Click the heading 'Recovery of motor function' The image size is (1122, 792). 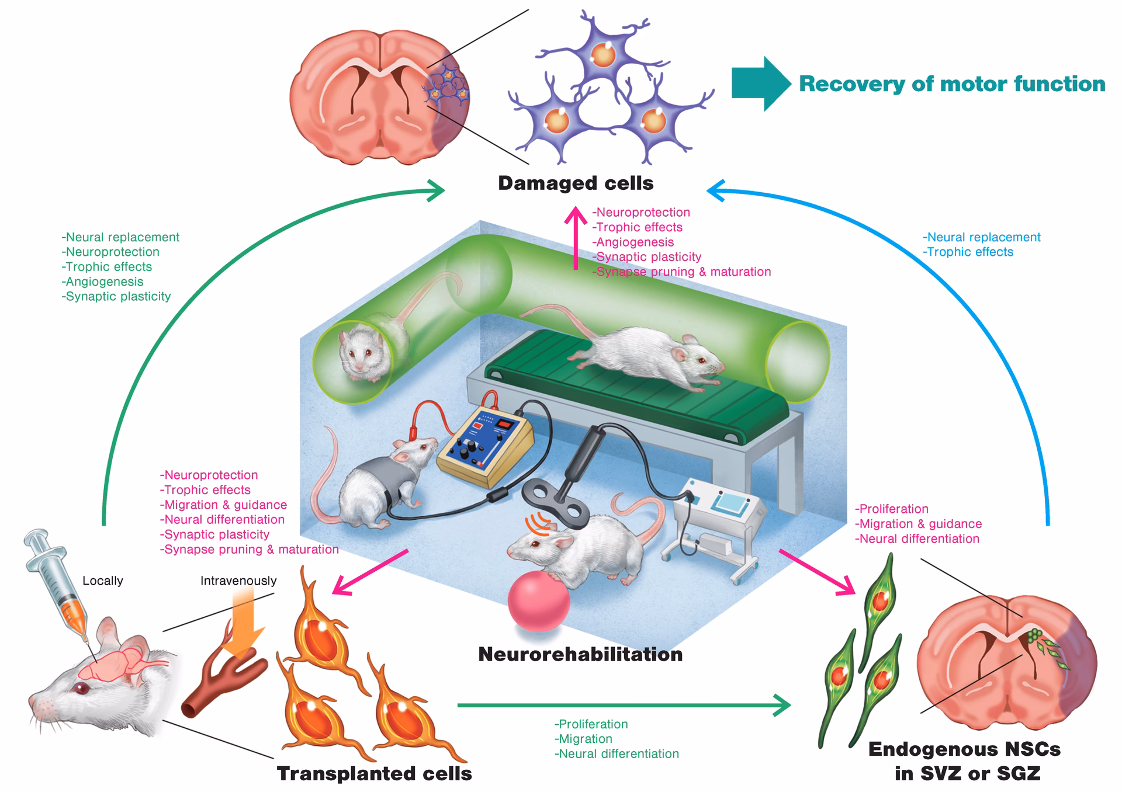pos(951,84)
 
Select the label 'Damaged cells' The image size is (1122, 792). pos(576,183)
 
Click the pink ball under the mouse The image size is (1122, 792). pos(538,602)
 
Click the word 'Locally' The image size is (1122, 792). pos(103,581)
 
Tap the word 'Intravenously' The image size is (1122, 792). pos(238,581)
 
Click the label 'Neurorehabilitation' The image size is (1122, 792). pos(580,654)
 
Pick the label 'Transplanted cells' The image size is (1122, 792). pos(374,773)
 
